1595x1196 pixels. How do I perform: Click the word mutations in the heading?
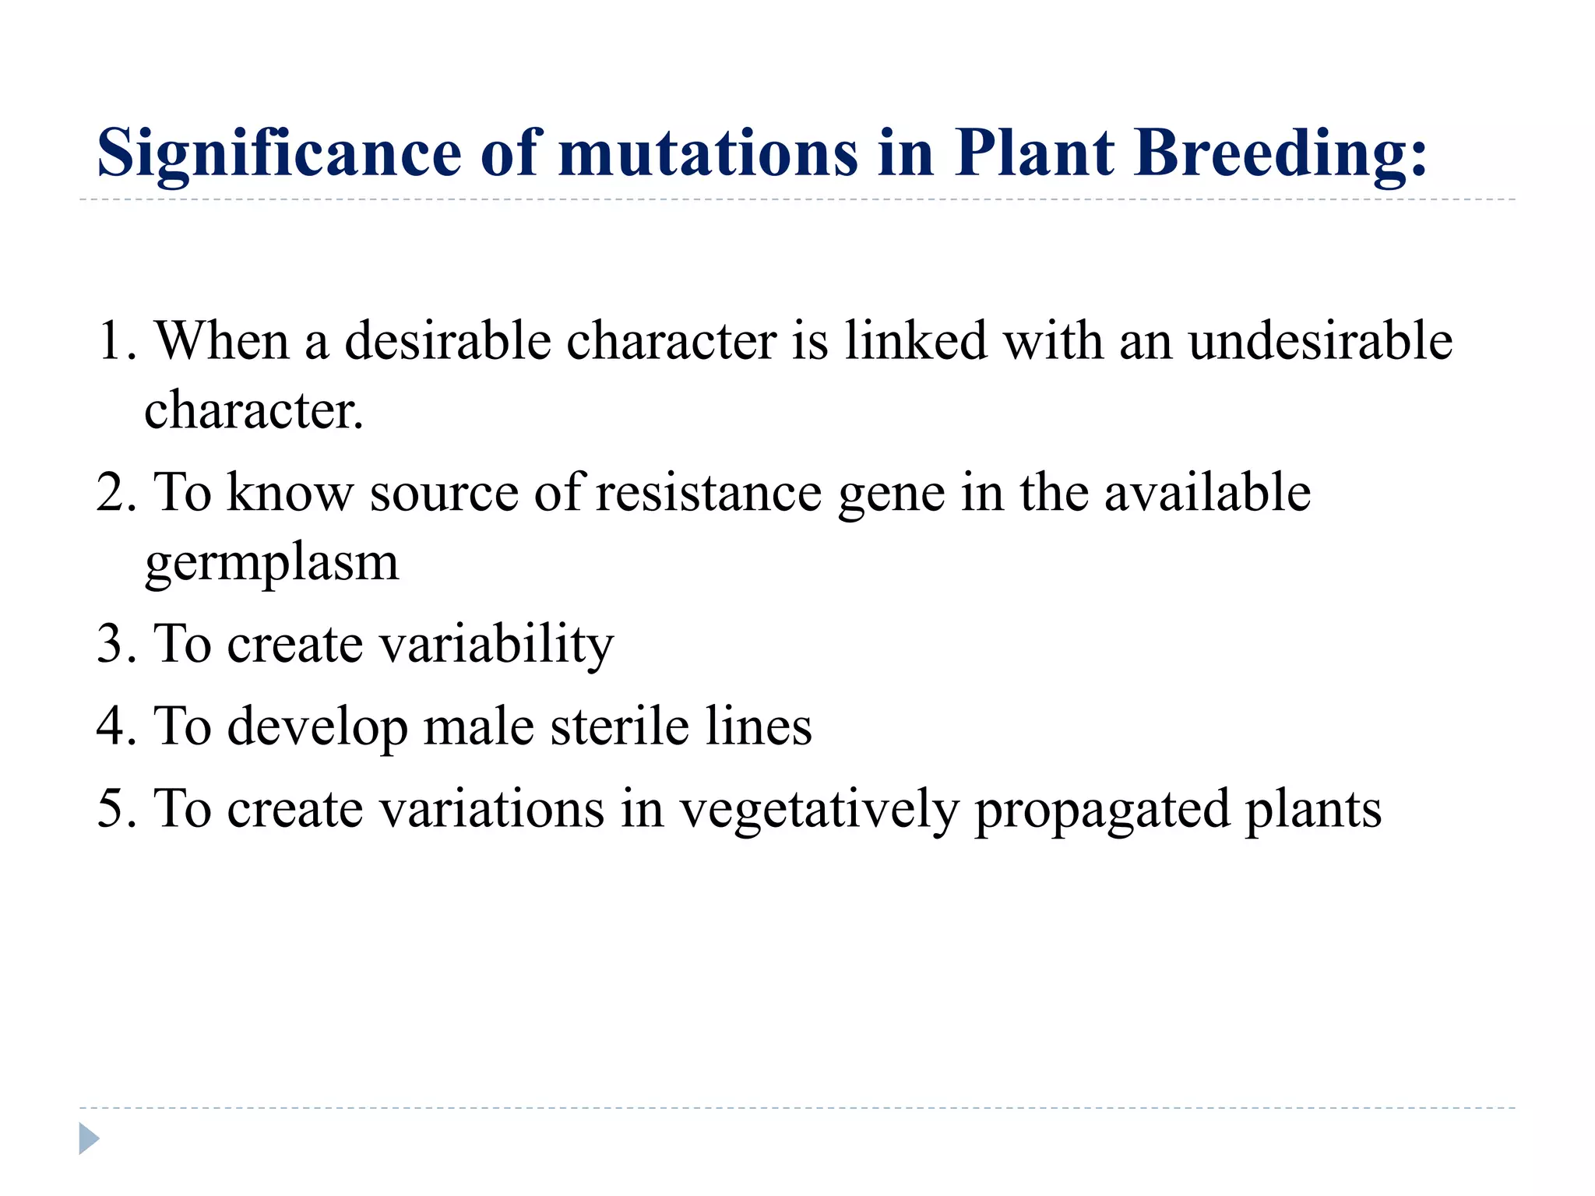708,153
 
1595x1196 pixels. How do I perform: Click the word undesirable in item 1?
1320,341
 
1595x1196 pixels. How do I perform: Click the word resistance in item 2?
709,492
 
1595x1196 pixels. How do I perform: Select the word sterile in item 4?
620,726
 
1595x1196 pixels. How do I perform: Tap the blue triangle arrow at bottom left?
89,1138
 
